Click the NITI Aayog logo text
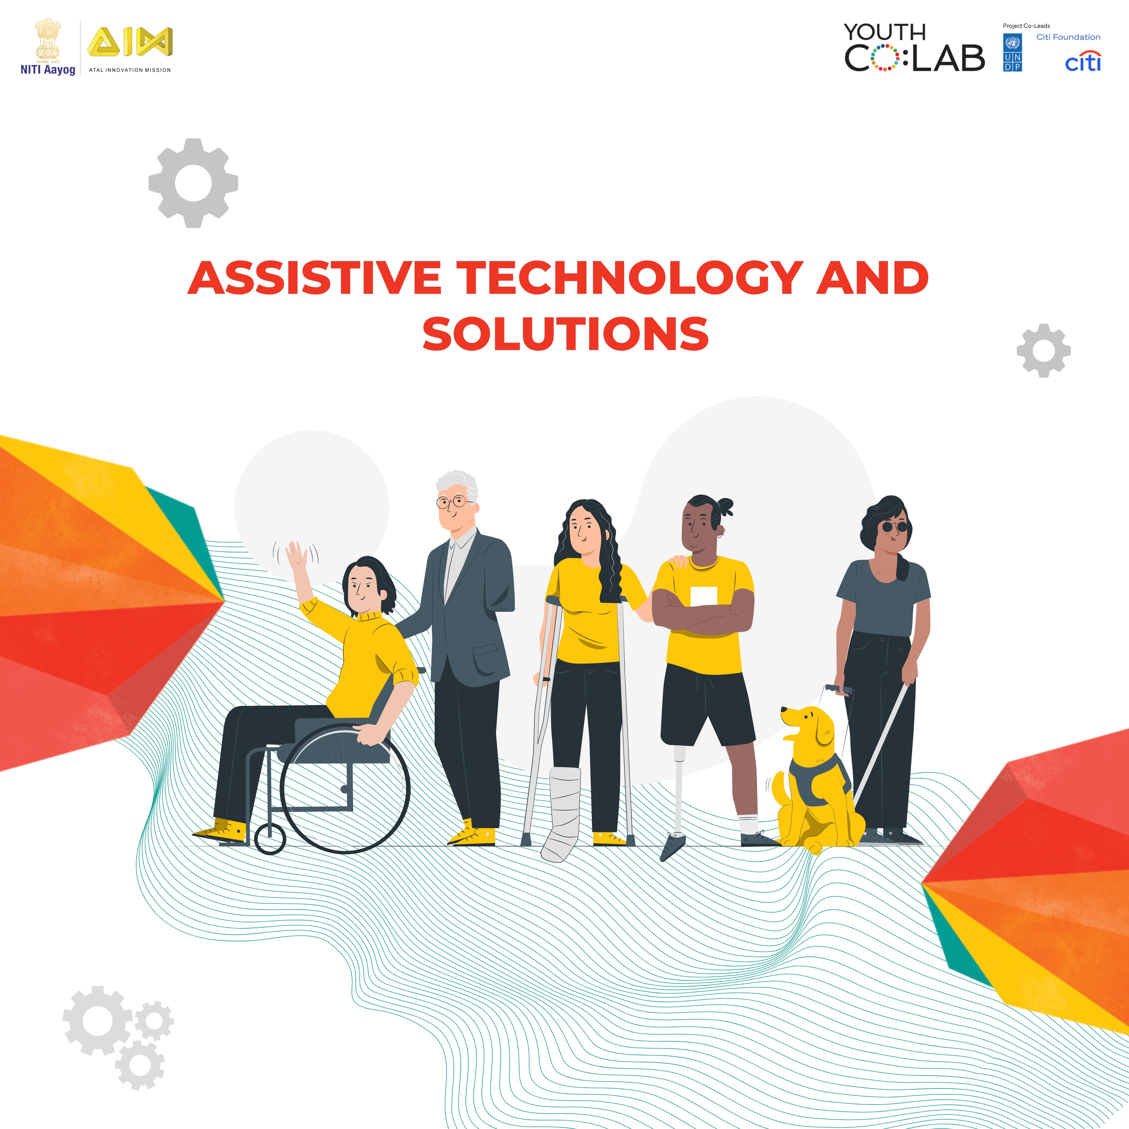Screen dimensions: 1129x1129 point(48,69)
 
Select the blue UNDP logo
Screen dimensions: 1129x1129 point(1013,53)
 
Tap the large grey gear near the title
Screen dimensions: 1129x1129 point(193,183)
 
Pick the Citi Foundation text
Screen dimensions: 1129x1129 point(1068,37)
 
